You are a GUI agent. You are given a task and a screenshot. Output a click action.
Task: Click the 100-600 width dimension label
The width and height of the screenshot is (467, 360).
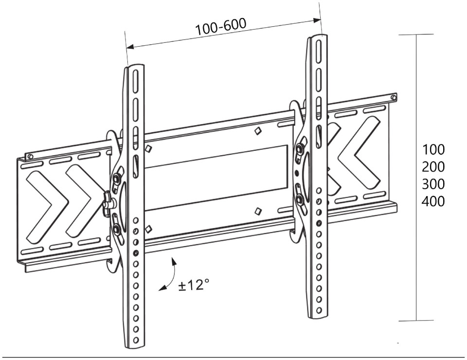221,26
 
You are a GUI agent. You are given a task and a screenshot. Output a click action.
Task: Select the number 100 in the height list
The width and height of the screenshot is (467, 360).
433,149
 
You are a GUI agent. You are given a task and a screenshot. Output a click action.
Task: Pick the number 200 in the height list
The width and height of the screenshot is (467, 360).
433,167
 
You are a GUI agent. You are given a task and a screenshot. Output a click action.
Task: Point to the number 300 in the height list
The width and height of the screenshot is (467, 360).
433,184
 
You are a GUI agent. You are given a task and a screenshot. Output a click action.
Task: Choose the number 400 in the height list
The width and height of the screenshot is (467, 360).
433,201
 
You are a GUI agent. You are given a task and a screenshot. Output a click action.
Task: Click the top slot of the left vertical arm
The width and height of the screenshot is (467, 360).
136,78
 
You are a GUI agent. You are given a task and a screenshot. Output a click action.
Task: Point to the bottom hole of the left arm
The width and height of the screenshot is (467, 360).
136,340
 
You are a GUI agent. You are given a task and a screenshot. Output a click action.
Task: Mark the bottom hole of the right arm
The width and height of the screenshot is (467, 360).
319,310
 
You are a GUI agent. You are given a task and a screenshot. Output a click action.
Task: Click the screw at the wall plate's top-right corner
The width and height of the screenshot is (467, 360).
394,97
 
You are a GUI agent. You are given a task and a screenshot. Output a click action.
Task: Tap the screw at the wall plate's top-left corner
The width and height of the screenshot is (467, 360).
29,156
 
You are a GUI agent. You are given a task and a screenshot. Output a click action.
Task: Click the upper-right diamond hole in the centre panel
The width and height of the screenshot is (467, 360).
258,131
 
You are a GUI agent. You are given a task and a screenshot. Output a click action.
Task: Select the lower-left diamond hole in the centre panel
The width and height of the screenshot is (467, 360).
148,229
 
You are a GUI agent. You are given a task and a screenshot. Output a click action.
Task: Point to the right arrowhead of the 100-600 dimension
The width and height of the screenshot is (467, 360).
317,20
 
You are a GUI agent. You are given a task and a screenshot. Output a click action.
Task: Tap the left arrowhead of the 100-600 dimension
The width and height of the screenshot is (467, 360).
130,47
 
